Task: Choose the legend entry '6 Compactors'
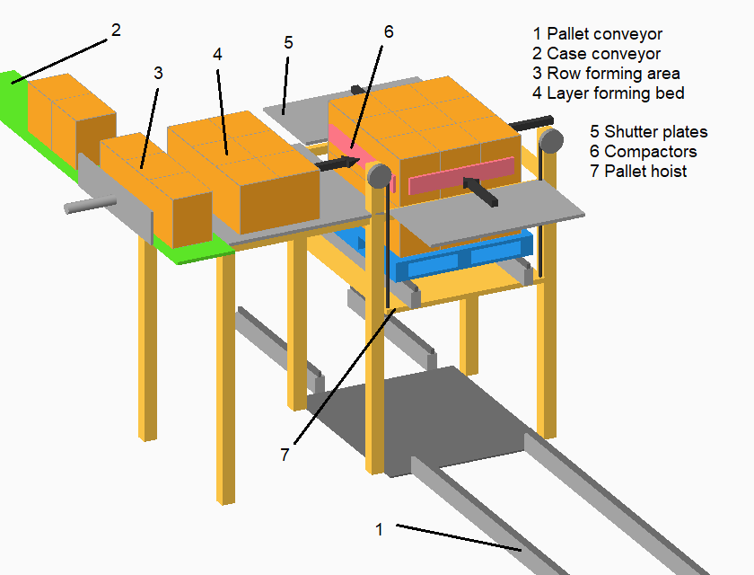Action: click(x=644, y=152)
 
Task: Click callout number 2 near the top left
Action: click(x=115, y=30)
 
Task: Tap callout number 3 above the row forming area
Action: click(x=158, y=73)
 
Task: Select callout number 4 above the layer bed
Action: click(x=217, y=54)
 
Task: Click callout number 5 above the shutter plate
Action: click(x=287, y=41)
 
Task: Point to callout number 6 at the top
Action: click(x=388, y=31)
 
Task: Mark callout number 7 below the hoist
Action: click(x=285, y=455)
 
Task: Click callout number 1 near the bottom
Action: click(x=379, y=529)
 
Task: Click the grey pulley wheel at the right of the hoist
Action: click(x=550, y=140)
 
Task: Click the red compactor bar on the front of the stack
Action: click(x=460, y=176)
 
